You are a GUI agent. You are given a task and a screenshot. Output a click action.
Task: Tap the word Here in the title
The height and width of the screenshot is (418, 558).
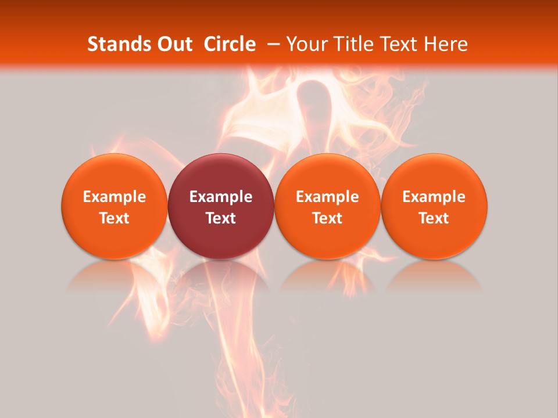446,44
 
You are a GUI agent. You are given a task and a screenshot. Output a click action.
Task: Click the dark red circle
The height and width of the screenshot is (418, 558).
221,174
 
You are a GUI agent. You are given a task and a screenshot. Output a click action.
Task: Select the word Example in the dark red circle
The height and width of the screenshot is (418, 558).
221,197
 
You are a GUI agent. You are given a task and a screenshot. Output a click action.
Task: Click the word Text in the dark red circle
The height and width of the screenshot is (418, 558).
221,218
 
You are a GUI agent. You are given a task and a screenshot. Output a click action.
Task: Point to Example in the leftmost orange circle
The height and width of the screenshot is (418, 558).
115,197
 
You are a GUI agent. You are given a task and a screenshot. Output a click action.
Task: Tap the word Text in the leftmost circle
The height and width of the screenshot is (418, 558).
115,218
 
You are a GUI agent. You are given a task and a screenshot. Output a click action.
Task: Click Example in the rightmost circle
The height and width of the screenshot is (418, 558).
434,197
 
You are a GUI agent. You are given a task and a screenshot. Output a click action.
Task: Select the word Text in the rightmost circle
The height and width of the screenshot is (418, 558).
434,218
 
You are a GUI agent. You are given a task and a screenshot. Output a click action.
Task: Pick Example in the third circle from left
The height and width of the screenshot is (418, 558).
327,197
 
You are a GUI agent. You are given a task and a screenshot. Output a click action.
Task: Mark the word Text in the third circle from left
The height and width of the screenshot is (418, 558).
327,218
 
